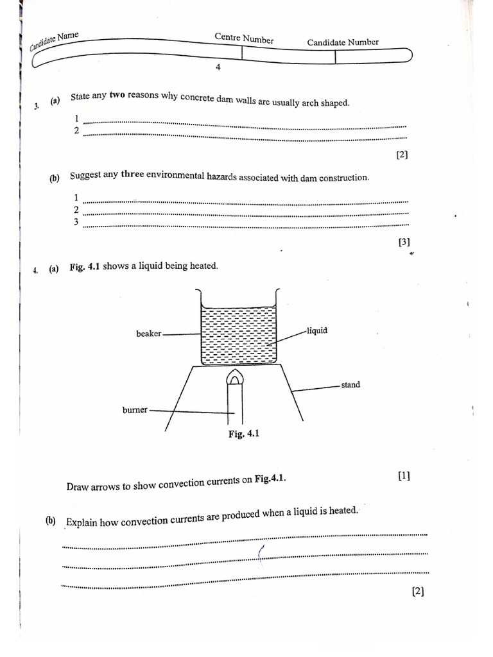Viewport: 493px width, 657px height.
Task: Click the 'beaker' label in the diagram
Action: [148, 334]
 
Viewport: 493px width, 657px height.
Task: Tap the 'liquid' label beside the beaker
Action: [318, 330]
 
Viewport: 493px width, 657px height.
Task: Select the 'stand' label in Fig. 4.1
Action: [350, 385]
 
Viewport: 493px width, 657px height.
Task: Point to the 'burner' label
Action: [135, 409]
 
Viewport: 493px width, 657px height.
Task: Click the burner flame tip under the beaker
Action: [234, 375]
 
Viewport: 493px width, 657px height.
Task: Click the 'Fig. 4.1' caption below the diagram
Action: [244, 434]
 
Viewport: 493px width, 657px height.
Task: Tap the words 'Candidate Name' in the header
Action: [54, 42]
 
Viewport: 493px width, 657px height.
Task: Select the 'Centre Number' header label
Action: [244, 38]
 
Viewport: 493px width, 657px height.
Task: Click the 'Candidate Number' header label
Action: [343, 42]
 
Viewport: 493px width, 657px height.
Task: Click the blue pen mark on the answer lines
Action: [261, 552]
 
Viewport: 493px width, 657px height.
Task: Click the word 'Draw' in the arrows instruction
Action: [76, 487]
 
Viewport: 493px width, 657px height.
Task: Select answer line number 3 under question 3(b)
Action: [244, 225]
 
